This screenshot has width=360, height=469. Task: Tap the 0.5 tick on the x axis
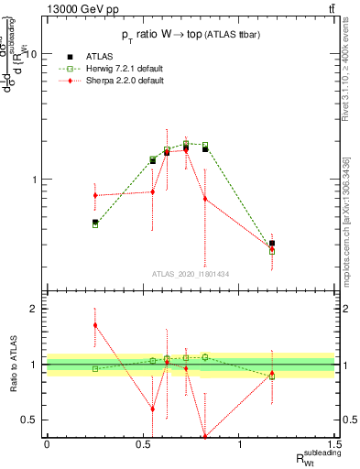(x=143, y=443)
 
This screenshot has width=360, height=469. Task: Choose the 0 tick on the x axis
(x=47, y=443)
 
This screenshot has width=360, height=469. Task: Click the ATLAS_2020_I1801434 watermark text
(x=191, y=274)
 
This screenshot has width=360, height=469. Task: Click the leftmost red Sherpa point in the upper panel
(x=95, y=195)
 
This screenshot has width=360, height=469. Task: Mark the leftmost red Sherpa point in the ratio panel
(x=95, y=325)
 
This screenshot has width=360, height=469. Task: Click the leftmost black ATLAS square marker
(x=95, y=222)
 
